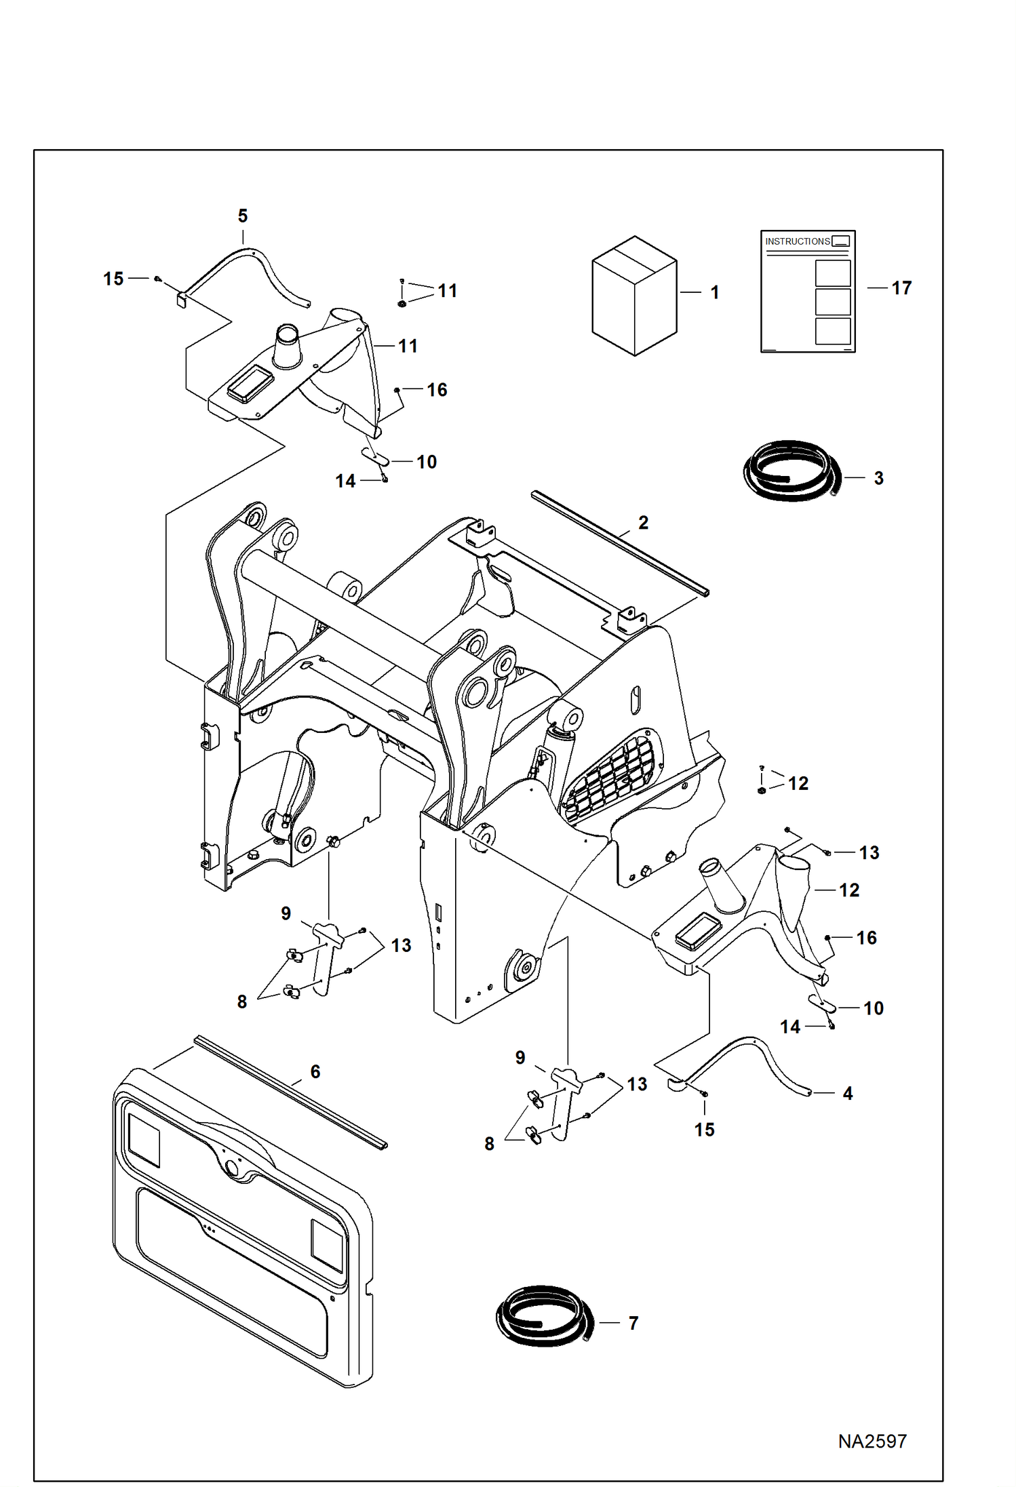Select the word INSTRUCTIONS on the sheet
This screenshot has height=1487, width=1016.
coord(797,241)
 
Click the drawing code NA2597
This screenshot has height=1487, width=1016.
coord(872,1441)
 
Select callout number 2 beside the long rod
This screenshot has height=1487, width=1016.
coord(643,523)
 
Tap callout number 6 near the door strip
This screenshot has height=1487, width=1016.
coord(315,1071)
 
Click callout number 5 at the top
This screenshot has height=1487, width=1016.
coord(243,216)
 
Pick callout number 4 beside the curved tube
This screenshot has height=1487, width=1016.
coord(847,1093)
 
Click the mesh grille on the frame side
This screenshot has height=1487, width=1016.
coord(610,776)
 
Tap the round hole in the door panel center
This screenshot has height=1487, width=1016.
coord(231,1168)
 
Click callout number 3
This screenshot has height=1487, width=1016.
coord(878,478)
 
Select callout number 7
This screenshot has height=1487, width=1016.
coord(633,1323)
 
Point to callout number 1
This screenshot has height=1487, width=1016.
coord(714,292)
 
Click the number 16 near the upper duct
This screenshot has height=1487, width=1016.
coord(437,390)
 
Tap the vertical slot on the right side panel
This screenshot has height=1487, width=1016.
coord(635,700)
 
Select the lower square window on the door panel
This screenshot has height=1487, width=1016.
coord(326,1246)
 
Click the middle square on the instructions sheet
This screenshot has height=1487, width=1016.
coord(832,302)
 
